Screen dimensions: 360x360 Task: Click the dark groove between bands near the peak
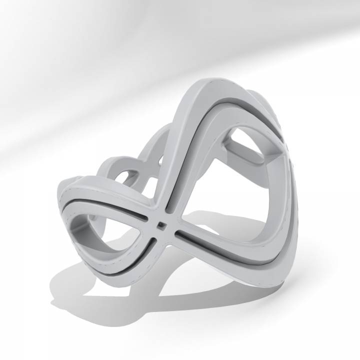pyautogui.click(x=220, y=102)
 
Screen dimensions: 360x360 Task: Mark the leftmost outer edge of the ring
pyautogui.click(x=56, y=195)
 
